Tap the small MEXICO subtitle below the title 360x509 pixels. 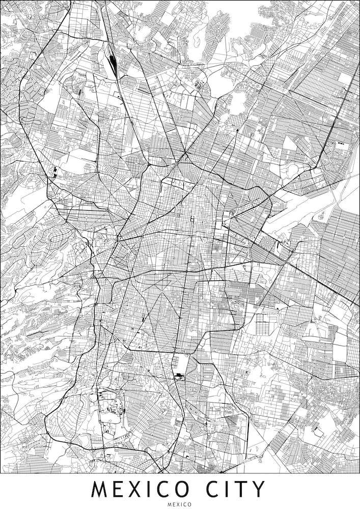[180, 504]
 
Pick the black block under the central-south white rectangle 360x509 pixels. [179, 376]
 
